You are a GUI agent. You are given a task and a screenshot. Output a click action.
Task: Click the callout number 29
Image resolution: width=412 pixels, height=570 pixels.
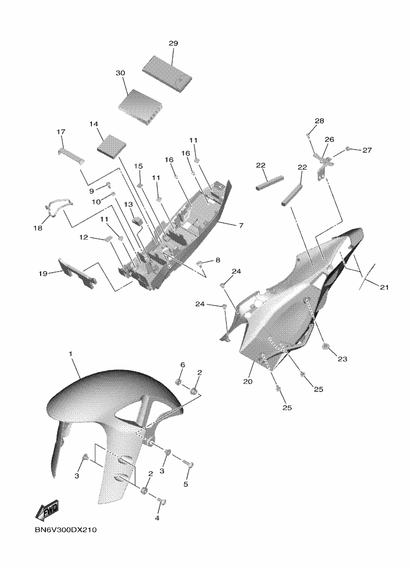point(173,43)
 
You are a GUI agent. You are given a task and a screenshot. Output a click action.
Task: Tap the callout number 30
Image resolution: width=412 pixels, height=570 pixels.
point(120,73)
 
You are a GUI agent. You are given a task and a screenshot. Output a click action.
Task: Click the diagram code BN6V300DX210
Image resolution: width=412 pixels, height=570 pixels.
point(66,530)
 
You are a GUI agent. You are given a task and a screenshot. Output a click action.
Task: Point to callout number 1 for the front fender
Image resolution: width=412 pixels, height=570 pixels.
point(71,354)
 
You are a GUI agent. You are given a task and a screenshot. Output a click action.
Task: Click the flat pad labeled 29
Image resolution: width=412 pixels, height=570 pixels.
point(167,74)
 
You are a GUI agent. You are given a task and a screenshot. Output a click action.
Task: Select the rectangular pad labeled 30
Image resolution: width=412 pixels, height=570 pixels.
point(140,108)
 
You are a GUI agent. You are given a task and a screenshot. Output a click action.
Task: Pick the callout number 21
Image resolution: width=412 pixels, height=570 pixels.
point(384,287)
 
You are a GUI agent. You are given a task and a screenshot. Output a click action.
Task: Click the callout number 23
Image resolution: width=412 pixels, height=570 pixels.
point(343,359)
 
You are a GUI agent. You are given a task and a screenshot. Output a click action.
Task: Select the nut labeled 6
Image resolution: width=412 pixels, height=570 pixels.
point(178,382)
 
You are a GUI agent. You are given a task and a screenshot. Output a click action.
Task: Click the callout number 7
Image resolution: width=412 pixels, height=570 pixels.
point(241,226)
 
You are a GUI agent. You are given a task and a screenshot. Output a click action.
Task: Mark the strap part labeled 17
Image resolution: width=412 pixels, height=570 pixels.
point(72,156)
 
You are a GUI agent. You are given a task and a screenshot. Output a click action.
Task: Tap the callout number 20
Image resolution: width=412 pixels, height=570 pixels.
point(248,382)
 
